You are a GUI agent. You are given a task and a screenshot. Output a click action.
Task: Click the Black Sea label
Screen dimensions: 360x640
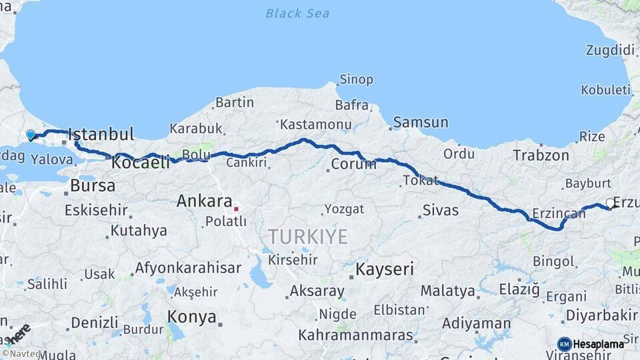coord(297,13)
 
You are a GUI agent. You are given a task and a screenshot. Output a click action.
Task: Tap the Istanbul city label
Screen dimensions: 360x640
coord(101,134)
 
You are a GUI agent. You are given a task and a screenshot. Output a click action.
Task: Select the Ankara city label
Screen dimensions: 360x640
coord(204,201)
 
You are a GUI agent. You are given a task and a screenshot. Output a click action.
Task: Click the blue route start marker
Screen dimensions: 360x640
coord(30,135)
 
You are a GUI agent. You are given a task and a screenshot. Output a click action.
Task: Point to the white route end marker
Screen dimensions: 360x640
coord(610,203)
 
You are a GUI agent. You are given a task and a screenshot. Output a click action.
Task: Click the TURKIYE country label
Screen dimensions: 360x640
coord(308,237)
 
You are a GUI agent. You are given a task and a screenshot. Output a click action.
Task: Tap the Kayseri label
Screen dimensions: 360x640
coord(385,270)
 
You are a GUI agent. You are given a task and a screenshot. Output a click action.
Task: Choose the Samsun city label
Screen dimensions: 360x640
coord(421,123)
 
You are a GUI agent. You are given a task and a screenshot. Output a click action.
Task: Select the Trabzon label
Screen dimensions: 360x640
coord(541,156)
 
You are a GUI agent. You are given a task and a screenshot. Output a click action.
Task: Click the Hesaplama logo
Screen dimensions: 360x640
coord(591,344)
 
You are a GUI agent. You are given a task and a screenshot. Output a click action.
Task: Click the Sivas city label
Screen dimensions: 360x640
coord(441,211)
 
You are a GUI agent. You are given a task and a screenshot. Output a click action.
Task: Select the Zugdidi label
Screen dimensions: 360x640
coord(610,50)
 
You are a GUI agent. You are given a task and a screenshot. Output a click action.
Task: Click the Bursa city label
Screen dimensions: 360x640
coord(93,185)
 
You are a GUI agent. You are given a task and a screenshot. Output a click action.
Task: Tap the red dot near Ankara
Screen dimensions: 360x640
coord(236,209)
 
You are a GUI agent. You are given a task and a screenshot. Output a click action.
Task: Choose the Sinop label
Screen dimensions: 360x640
coord(357,80)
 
